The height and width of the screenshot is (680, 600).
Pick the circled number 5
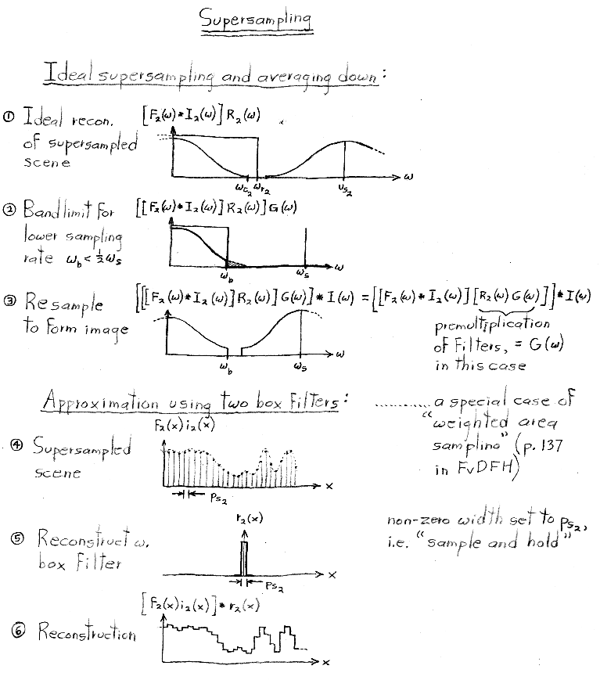(x=18, y=538)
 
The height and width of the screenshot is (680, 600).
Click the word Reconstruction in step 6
(x=86, y=632)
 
